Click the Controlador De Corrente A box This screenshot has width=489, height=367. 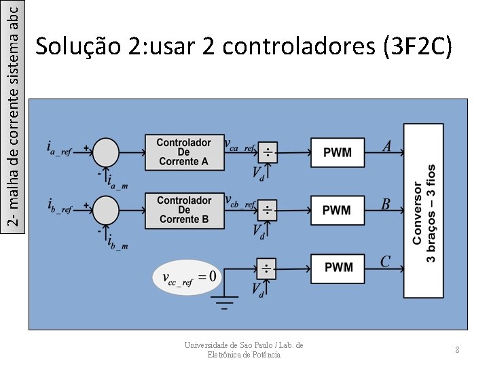coord(183,152)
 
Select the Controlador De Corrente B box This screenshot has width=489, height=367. coord(183,210)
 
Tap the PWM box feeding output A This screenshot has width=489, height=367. coord(338,152)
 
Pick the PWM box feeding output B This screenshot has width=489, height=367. coord(338,210)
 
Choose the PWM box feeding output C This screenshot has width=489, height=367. coord(338,267)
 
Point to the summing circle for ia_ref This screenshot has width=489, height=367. coord(105,152)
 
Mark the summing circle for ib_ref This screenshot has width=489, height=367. coord(105,209)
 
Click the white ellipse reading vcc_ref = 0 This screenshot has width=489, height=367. coord(187,277)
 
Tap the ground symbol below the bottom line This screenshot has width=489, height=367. coord(225,300)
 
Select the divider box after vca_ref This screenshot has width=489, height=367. coord(267,152)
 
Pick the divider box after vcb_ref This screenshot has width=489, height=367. coord(267,210)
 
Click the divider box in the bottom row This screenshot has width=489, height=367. coord(267,267)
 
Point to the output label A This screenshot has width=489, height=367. coord(386,145)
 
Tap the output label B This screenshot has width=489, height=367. coord(386,204)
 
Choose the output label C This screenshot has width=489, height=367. coord(385,261)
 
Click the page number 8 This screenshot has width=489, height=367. coord(458,349)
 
